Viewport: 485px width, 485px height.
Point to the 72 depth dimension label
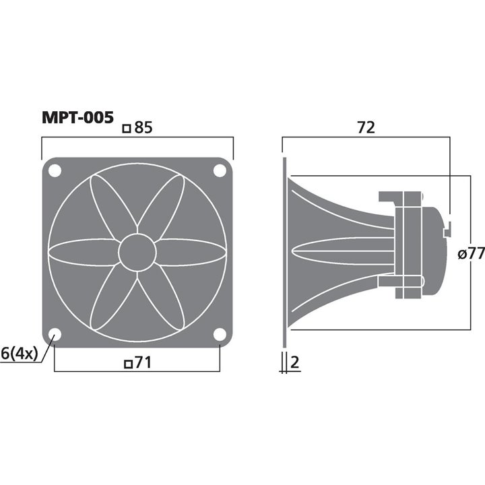click(366, 127)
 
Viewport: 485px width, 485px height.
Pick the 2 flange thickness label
click(294, 363)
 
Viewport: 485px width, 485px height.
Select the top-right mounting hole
click(220, 170)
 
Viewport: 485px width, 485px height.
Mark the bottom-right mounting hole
click(220, 335)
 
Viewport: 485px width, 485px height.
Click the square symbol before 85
click(126, 127)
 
